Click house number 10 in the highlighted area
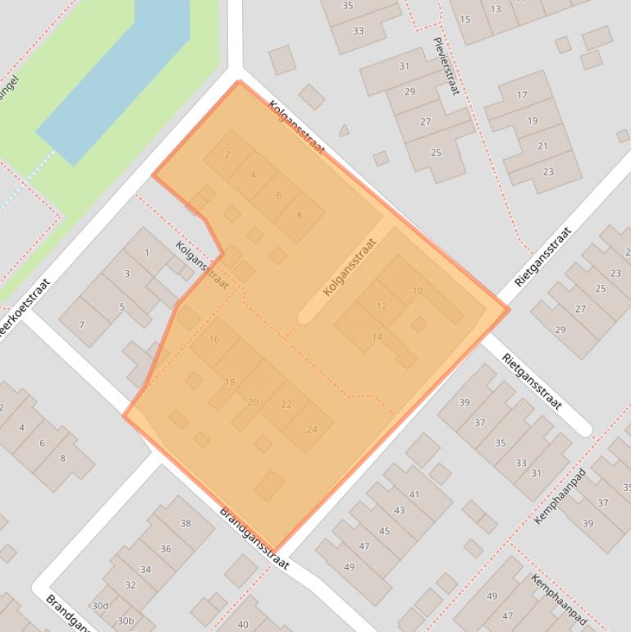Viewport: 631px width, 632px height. click(x=418, y=291)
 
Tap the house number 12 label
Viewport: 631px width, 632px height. click(x=382, y=306)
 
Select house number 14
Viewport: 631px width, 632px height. click(x=377, y=337)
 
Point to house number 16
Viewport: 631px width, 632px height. click(x=214, y=339)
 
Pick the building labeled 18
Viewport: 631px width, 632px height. click(x=230, y=382)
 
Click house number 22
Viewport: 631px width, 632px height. click(x=286, y=404)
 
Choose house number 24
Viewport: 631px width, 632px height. click(x=312, y=429)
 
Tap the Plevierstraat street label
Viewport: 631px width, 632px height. click(x=444, y=66)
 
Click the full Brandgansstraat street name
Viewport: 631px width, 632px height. click(x=254, y=538)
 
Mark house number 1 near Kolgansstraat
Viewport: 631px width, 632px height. click(x=147, y=252)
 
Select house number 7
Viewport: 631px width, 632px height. click(x=81, y=325)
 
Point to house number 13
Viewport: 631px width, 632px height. click(x=496, y=9)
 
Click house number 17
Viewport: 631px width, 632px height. click(x=522, y=94)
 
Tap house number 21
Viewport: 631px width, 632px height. click(x=542, y=145)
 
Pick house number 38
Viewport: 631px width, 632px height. click(x=185, y=523)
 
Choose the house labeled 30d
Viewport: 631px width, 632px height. click(x=99, y=606)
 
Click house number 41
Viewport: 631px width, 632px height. click(x=414, y=494)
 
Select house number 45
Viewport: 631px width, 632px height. click(x=384, y=531)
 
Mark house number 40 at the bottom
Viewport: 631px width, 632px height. click(x=243, y=625)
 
